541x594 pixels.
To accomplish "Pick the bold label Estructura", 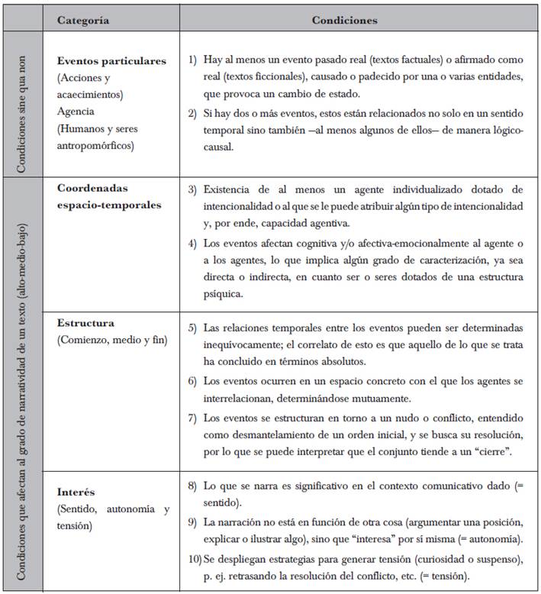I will click(85, 323).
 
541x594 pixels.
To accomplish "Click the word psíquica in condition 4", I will click(226, 294).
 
